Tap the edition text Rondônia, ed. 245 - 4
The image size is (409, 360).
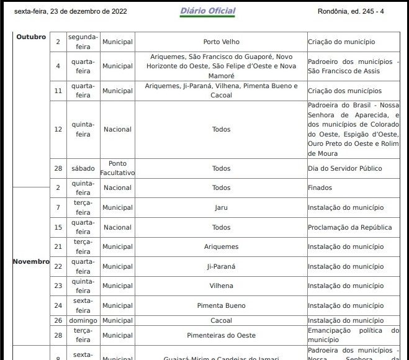point(351,11)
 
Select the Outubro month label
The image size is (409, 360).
point(31,37)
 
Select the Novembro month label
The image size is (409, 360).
point(31,261)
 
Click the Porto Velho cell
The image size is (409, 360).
point(221,42)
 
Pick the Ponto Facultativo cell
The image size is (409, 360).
point(117,168)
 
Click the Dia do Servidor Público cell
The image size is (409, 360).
point(344,168)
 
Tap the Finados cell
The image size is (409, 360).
point(320,187)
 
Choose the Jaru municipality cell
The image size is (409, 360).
point(221,207)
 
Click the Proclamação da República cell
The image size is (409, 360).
point(349,227)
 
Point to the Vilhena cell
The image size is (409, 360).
point(221,286)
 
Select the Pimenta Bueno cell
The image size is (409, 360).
point(221,305)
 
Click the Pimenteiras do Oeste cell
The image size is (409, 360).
point(221,335)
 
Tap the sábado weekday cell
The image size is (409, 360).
point(83,168)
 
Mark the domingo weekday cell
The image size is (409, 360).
point(83,320)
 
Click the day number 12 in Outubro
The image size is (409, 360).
point(58,129)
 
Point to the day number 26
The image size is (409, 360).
point(58,320)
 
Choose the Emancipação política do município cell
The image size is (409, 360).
point(353,335)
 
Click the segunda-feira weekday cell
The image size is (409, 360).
point(83,42)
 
